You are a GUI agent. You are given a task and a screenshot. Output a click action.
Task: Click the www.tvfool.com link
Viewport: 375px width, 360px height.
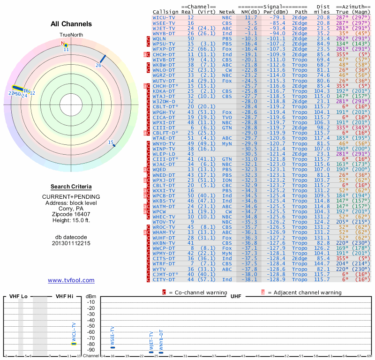71,280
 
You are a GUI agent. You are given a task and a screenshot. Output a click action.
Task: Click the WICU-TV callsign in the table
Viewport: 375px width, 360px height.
164,17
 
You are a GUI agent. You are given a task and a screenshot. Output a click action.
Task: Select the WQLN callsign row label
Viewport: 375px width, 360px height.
161,38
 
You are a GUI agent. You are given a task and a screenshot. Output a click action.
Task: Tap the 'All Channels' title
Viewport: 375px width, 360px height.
71,24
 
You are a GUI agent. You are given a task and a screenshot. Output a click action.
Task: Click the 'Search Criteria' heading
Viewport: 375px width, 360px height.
71,187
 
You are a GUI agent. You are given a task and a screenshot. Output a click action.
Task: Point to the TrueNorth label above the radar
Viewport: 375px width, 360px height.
71,35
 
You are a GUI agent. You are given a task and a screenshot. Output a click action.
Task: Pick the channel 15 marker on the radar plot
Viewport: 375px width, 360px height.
113,143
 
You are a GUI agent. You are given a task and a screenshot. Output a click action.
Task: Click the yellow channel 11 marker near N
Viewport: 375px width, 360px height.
66,45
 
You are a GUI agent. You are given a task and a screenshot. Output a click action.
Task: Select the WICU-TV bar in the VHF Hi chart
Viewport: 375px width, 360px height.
74,343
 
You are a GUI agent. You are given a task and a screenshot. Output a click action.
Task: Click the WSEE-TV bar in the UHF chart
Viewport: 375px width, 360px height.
112,347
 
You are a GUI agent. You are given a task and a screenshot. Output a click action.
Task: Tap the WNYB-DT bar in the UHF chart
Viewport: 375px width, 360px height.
161,352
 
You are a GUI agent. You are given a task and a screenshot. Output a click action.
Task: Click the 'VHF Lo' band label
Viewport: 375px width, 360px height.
18,296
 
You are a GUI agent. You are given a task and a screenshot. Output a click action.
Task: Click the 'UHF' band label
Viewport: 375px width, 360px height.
235,296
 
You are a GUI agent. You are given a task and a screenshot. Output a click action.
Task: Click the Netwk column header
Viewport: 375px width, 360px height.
227,11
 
